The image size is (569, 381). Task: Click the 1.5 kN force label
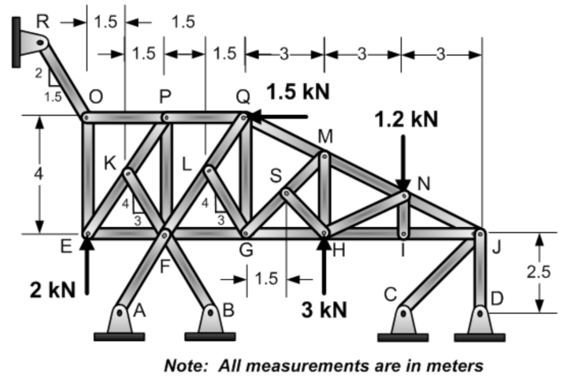[x=298, y=92]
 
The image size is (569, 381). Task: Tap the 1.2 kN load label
[x=407, y=119]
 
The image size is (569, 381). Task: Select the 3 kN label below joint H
[x=324, y=311]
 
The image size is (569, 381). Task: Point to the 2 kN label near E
[x=52, y=290]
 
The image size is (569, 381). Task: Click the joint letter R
[x=43, y=22]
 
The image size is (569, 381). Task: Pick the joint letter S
[x=275, y=176]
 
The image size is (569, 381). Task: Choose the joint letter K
[x=110, y=164]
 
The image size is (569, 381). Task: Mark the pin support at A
[x=119, y=321]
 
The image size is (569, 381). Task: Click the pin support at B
[x=210, y=321]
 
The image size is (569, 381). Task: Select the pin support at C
[x=403, y=321]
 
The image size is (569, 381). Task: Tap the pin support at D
[x=479, y=321]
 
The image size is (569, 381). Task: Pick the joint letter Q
[x=243, y=97]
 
